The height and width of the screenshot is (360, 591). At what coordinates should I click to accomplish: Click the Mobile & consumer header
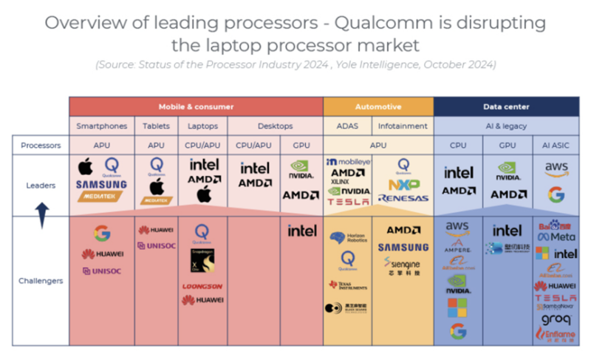(196, 106)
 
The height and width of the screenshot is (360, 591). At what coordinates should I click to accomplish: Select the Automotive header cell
(378, 106)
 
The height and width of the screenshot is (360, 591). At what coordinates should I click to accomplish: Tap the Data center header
(506, 106)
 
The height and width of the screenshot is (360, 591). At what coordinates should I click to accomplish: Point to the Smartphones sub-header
(102, 126)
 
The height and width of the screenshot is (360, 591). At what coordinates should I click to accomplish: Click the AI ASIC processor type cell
(556, 146)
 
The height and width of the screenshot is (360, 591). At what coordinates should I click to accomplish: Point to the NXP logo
(403, 184)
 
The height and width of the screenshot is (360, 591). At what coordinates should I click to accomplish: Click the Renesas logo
(403, 198)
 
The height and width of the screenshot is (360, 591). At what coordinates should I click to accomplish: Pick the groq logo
(556, 319)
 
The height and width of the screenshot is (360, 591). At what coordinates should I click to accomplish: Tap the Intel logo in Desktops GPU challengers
(301, 231)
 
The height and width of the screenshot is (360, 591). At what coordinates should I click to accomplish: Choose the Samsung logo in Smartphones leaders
(102, 184)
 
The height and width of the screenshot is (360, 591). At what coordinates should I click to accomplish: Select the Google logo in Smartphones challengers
(102, 234)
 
